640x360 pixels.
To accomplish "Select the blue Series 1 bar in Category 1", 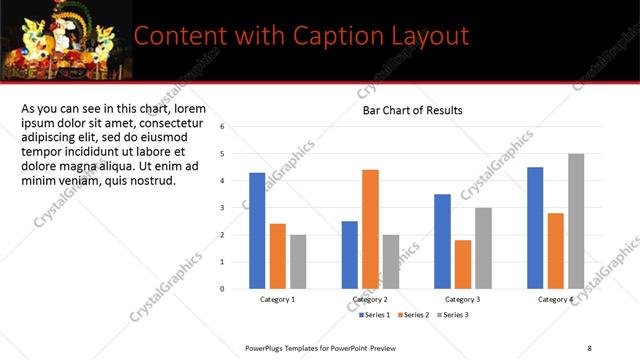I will click(257, 230).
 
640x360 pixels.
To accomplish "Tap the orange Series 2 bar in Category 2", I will click(370, 229).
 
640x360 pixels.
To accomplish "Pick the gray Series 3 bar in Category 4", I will click(575, 221).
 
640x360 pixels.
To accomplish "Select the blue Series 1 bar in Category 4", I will click(535, 227).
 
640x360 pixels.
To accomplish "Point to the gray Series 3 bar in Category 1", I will click(297, 261).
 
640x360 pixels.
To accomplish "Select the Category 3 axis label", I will click(462, 300).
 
